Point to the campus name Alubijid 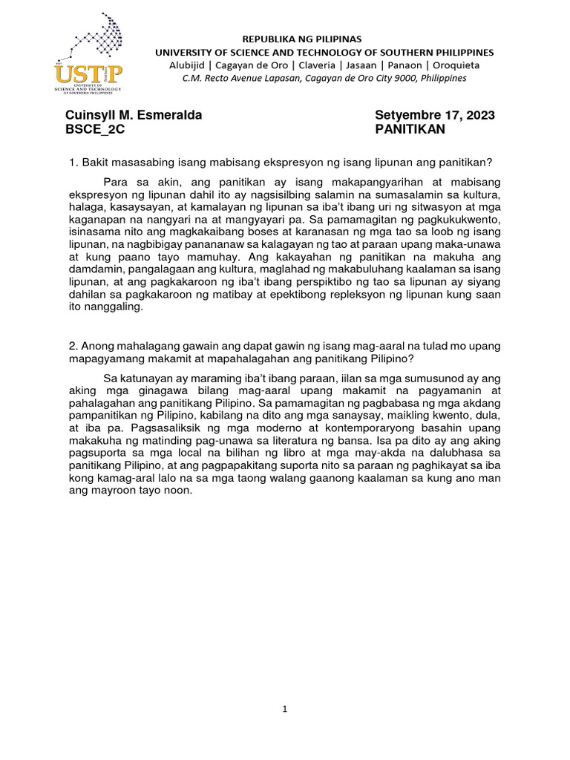pos(194,65)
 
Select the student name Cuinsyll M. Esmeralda pos(134,115)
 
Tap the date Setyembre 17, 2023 pos(435,115)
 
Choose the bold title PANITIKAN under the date pos(410,129)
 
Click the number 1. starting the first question pos(72,163)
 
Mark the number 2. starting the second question pos(72,346)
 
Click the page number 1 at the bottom pos(284,709)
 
